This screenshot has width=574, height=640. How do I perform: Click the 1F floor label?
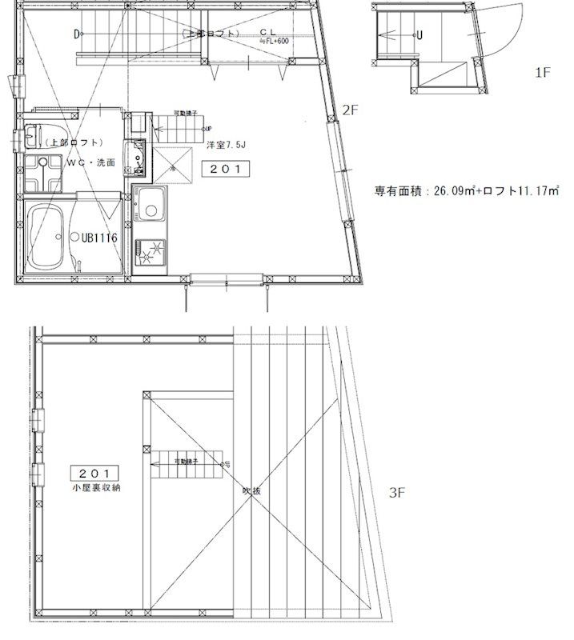click(542, 73)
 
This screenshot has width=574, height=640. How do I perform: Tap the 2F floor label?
click(350, 111)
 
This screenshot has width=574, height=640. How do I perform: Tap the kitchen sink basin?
click(150, 209)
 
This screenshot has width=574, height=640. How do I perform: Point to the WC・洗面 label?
click(90, 162)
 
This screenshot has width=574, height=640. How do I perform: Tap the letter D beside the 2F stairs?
click(77, 34)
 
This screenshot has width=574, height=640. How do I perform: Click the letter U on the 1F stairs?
click(420, 35)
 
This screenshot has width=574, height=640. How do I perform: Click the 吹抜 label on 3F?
click(251, 493)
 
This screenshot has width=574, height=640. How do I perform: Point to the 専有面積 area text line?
click(466, 191)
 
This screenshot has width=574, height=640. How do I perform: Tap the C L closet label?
click(267, 33)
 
